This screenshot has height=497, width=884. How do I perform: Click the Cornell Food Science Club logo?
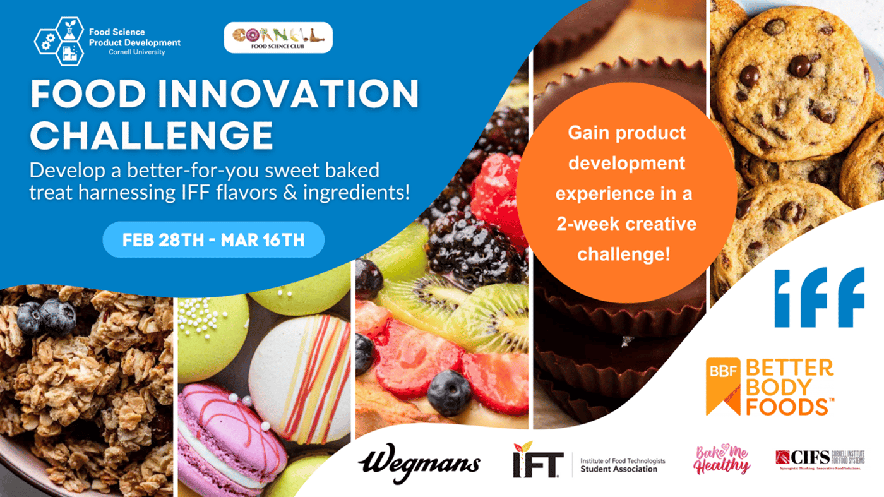pos(278,37)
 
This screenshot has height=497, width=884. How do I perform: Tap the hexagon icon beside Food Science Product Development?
pos(59,41)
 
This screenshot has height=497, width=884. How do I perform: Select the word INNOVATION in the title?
pos(289,93)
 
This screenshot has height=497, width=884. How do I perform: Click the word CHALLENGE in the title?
pos(152,135)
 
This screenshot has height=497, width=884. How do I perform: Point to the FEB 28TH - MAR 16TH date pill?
pos(213,239)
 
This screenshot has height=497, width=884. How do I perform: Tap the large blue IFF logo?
pos(820,297)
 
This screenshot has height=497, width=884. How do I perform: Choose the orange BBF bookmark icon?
pos(723,386)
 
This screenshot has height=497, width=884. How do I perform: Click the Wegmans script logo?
pos(419,464)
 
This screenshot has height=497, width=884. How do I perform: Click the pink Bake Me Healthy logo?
pos(722,459)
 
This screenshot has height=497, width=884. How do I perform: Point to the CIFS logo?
pos(820,460)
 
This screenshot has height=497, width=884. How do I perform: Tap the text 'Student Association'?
pos(619,469)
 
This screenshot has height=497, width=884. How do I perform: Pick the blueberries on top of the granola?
pos(47,316)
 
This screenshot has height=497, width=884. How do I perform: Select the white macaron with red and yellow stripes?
pos(299,378)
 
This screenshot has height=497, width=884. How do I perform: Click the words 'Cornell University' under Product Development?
pos(137,52)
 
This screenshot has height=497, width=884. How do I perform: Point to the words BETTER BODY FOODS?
pos(790,387)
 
